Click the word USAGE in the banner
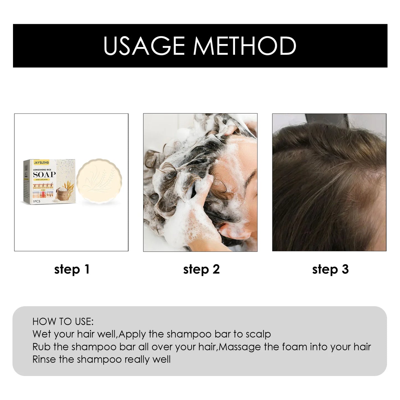[144, 46]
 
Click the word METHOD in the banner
[245, 46]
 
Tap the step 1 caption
[72, 269]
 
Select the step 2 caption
[201, 269]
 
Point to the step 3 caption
[330, 269]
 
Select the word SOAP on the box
[44, 174]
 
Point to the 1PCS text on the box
[36, 201]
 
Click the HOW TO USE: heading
[63, 321]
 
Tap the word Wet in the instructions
[41, 334]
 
